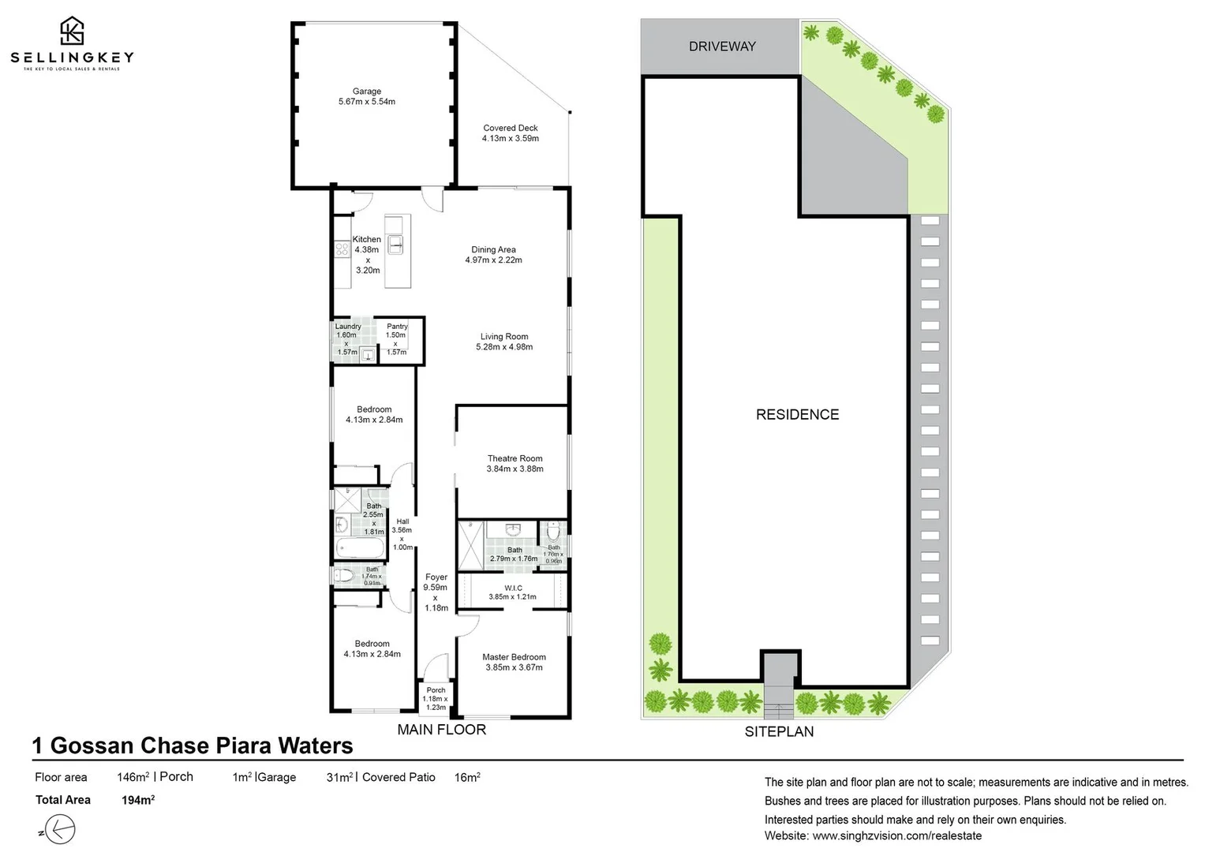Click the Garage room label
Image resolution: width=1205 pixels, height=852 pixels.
point(366,92)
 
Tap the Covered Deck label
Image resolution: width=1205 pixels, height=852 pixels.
point(511,128)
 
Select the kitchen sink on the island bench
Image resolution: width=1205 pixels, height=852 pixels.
point(395,245)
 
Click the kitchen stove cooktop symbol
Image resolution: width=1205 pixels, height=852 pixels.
point(342,249)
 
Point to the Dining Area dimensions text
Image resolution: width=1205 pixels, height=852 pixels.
point(493,260)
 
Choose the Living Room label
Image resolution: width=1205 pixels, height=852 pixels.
point(504,336)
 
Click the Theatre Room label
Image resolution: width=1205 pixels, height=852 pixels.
point(515,458)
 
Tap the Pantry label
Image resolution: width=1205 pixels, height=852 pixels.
point(397,326)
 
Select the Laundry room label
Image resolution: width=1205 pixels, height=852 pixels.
point(348,326)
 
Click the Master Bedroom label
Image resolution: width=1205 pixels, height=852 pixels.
point(514,657)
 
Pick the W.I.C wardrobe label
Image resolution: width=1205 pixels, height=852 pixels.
point(513,588)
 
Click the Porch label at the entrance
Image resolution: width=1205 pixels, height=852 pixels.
point(436,690)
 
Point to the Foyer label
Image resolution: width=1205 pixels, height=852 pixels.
point(436,577)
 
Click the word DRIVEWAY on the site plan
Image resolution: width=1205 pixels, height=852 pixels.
point(721,47)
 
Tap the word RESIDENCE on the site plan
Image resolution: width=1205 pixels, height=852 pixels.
point(797,415)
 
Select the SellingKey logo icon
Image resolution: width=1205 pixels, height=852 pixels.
point(72,31)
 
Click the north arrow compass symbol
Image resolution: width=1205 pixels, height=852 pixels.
point(61,831)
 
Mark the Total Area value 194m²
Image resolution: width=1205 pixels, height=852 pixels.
point(138,800)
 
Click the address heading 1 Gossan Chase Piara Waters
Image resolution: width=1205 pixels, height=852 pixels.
point(193,745)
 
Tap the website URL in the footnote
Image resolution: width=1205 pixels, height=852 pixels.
point(897,835)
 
